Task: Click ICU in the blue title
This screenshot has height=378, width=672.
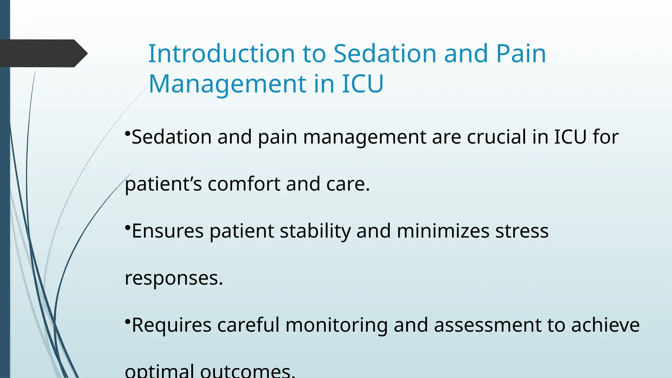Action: point(363,84)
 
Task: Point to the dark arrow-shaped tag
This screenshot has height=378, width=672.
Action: point(43,53)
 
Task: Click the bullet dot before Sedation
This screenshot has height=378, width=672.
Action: point(128,133)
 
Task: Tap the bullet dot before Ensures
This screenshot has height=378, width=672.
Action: point(128,227)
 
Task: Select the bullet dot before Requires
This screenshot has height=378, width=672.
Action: point(128,322)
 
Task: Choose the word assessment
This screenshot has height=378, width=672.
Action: point(487,325)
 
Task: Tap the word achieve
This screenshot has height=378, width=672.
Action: point(605,325)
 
